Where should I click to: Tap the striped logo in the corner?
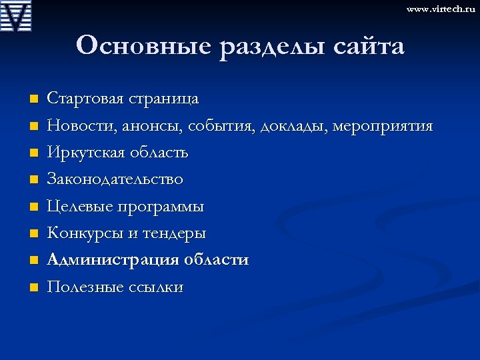coord(16,16)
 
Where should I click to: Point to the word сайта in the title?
coord(363,47)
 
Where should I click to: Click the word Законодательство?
coord(115,179)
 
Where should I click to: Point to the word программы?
coord(161,207)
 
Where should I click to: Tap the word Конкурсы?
coord(82,233)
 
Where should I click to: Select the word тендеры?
coord(175,233)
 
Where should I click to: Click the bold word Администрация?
coord(111,260)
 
